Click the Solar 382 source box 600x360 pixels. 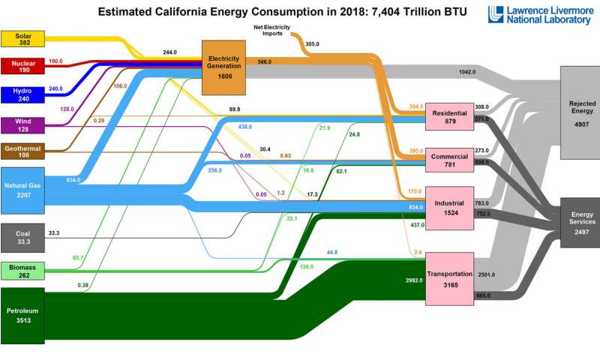(x=22, y=39)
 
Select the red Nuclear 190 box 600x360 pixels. (x=22, y=66)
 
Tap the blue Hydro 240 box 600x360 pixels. (x=22, y=94)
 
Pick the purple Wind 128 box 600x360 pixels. (x=22, y=124)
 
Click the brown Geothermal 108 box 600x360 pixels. (x=22, y=153)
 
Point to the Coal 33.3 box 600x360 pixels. (x=22, y=237)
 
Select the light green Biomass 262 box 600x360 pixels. (x=22, y=271)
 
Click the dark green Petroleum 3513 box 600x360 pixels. (x=22, y=314)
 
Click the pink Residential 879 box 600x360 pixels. (x=449, y=117)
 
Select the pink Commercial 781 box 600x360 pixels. (x=449, y=160)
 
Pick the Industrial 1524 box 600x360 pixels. (x=449, y=207)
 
